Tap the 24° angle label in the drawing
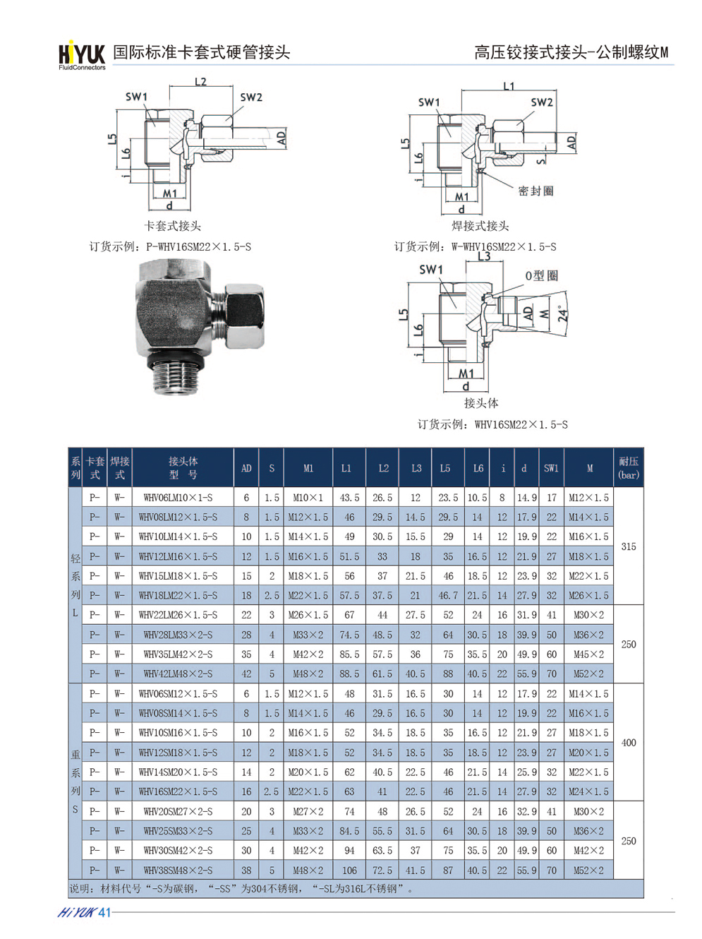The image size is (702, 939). tap(563, 313)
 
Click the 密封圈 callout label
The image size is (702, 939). tap(535, 191)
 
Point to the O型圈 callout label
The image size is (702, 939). tap(541, 275)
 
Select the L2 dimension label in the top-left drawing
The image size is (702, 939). tap(200, 81)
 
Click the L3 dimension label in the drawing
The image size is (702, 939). tap(484, 256)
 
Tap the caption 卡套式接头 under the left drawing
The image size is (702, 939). tap(172, 225)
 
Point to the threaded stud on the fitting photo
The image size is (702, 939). tap(177, 378)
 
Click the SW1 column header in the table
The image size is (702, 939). tap(551, 468)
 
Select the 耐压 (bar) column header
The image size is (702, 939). tap(629, 467)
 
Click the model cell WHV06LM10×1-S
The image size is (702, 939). tap(178, 498)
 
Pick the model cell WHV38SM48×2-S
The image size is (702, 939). tap(178, 870)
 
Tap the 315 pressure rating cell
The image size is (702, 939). tap(629, 546)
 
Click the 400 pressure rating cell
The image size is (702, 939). tap(629, 742)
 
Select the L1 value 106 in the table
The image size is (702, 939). tap(349, 870)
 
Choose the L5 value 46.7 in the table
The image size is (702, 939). tap(447, 595)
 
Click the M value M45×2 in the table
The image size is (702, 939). tap(588, 654)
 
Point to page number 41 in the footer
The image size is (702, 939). tap(104, 912)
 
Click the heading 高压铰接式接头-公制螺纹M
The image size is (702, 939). tap(571, 52)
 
